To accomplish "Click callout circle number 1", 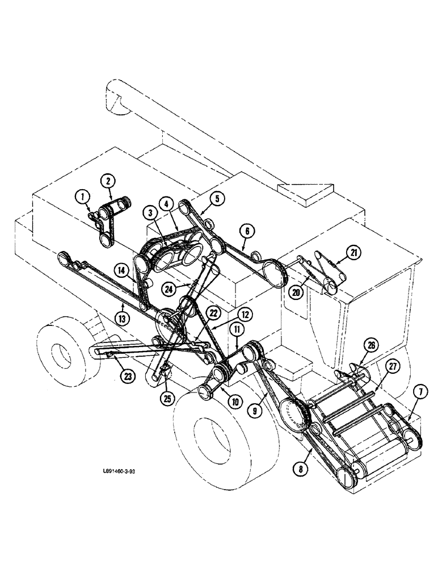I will pyautogui.click(x=83, y=197).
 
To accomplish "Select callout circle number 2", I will pyautogui.click(x=108, y=182).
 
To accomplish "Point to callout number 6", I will pyautogui.click(x=248, y=231).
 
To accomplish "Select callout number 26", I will pyautogui.click(x=355, y=345).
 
